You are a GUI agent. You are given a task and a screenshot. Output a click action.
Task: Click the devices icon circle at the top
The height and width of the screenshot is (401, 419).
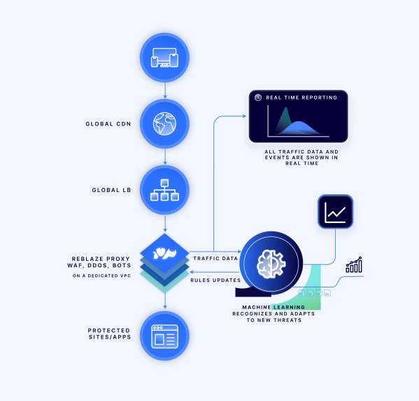tap(164, 57)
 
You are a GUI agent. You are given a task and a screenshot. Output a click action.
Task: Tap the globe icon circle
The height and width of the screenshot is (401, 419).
tap(164, 124)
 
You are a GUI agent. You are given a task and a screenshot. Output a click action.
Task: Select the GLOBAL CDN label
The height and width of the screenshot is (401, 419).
tap(108, 124)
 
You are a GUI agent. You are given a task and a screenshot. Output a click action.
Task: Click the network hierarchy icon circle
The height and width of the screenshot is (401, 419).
tap(164, 190)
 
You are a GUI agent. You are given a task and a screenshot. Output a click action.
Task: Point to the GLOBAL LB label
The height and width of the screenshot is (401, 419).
tap(111, 190)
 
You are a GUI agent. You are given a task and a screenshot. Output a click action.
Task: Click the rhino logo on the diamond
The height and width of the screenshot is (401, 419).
tap(164, 253)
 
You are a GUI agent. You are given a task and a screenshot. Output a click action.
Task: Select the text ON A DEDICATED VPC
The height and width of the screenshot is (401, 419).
tap(101, 276)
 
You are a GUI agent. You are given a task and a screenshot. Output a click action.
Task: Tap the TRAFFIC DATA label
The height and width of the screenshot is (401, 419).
tap(215, 259)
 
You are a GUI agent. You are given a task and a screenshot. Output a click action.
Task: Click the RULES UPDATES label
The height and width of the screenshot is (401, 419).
tap(215, 280)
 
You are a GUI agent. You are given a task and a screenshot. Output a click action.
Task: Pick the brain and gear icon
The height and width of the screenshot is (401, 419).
tap(271, 264)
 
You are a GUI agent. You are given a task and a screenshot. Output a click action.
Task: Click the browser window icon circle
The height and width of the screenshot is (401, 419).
tap(164, 336)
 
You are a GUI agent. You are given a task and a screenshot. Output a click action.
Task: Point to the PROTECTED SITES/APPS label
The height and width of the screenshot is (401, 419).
tap(109, 334)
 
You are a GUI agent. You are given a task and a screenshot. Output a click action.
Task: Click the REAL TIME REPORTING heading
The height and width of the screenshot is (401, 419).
tap(301, 97)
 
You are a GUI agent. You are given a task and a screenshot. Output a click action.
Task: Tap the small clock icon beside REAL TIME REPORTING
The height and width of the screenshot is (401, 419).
tap(258, 97)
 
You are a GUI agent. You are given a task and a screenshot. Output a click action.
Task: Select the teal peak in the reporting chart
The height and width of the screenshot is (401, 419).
tap(285, 118)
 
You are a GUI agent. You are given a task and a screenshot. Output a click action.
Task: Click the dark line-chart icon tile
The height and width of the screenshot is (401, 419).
tap(335, 212)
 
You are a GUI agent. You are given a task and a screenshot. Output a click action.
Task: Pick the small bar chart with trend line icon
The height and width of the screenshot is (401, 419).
tap(354, 265)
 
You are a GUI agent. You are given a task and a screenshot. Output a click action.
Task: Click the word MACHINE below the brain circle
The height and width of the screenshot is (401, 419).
tap(257, 307)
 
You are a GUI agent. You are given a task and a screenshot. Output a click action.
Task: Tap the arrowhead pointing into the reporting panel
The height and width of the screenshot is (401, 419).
tap(244, 116)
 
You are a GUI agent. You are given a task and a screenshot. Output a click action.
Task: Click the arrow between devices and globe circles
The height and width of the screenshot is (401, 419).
tap(165, 90)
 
